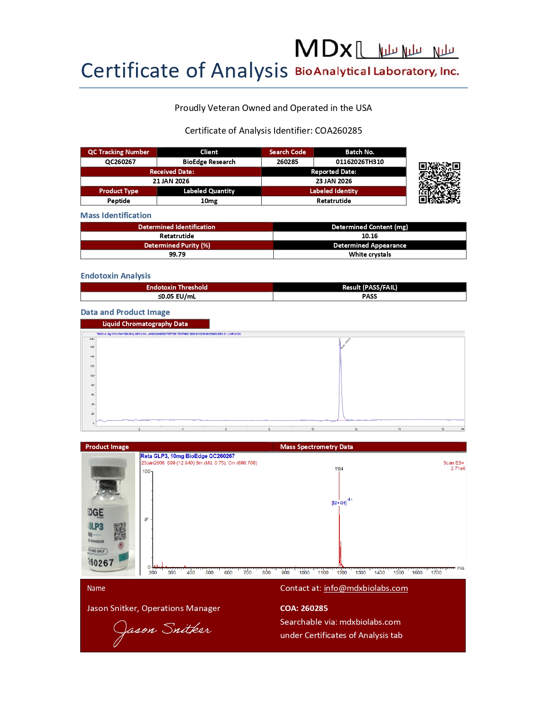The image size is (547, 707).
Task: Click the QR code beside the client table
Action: tap(439, 183)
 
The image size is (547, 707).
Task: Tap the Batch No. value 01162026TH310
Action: tap(360, 162)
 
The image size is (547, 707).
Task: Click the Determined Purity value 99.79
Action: tap(177, 255)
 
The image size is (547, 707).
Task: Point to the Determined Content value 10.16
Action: tap(369, 236)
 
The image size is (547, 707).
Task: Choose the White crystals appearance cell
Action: tap(370, 255)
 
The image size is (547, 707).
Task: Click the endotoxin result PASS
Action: tap(369, 297)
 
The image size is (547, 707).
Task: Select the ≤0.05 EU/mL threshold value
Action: tap(177, 297)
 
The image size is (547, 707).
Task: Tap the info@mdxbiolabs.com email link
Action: tap(366, 588)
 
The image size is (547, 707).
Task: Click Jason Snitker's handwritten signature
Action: tap(162, 631)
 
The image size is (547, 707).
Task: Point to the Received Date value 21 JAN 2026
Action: tap(171, 181)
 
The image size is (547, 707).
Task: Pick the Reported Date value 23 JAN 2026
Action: tap(334, 181)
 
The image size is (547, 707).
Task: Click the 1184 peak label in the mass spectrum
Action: tap(339, 469)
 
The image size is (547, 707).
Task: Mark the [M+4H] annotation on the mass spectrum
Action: tap(339, 503)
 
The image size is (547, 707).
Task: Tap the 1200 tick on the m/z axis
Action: tap(342, 572)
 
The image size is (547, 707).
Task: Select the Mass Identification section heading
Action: tap(116, 216)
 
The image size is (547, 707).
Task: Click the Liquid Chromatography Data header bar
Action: tap(145, 324)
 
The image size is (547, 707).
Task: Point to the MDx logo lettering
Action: tap(323, 49)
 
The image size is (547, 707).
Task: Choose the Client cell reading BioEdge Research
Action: tap(209, 162)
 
